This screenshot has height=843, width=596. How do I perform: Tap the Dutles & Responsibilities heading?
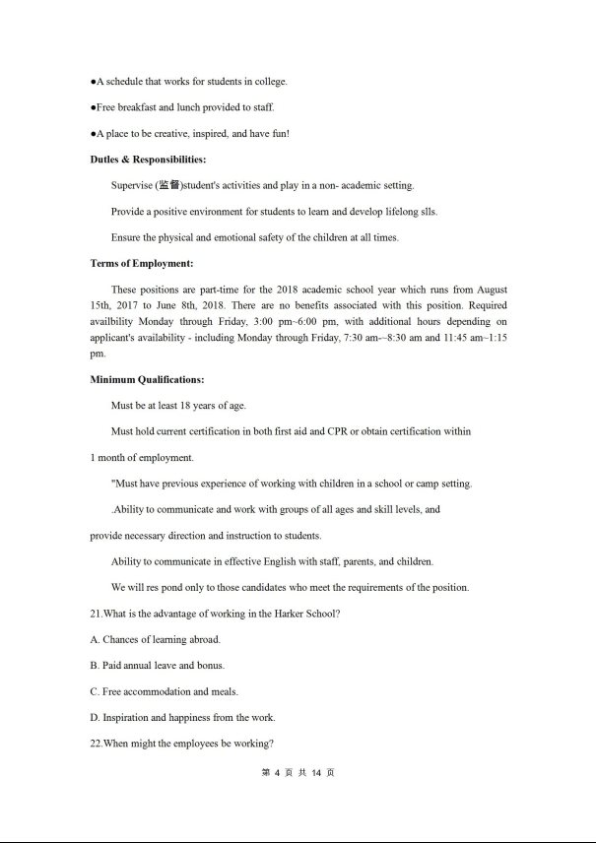pos(148,160)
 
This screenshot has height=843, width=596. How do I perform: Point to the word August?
pos(492,290)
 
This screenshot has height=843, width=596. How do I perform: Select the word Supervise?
pos(132,185)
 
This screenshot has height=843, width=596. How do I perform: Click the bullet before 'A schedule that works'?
pos(93,81)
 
